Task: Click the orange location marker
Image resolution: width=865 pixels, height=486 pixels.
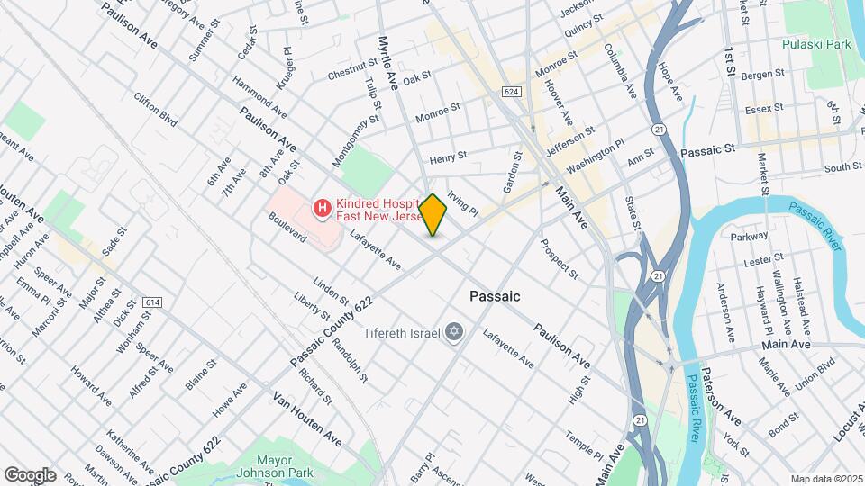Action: pos(433,215)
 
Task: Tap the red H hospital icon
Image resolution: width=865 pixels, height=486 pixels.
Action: pos(320,210)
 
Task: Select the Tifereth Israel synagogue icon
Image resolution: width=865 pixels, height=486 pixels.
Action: pos(455,333)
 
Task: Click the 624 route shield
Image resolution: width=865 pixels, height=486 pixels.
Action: pos(512,93)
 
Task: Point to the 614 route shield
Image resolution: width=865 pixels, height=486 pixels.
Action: pos(151,302)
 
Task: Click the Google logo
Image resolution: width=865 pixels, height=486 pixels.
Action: pos(30,474)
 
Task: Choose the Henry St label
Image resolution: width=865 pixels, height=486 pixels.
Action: pos(448,157)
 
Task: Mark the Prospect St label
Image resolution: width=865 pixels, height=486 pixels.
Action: pos(559,257)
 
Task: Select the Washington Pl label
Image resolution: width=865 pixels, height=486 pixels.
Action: pos(595,157)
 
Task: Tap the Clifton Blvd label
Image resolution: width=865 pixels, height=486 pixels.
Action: pos(154,107)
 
